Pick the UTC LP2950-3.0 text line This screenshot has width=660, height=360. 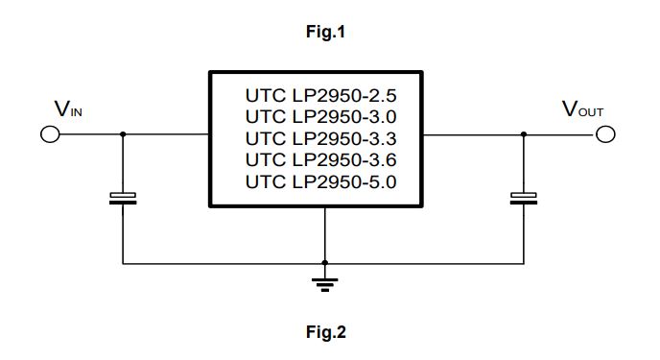pyautogui.click(x=320, y=116)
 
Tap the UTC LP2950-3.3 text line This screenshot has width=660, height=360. pyautogui.click(x=320, y=137)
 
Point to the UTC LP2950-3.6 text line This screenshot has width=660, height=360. pyautogui.click(x=320, y=158)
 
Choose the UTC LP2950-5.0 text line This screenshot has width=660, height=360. pyautogui.click(x=320, y=180)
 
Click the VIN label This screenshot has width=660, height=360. pyautogui.click(x=68, y=109)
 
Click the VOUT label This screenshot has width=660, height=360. pyautogui.click(x=582, y=109)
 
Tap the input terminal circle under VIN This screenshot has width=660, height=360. pyautogui.click(x=50, y=134)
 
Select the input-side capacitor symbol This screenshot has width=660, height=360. pyautogui.click(x=122, y=199)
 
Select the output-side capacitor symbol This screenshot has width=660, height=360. pyautogui.click(x=523, y=199)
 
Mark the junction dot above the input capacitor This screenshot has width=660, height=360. pyautogui.click(x=122, y=134)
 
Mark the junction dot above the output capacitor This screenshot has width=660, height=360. pyautogui.click(x=523, y=134)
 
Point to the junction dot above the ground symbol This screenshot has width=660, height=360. pyautogui.click(x=326, y=262)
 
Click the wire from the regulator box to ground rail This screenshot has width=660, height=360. pyautogui.click(x=326, y=234)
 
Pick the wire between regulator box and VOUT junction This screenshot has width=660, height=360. pyautogui.click(x=473, y=134)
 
